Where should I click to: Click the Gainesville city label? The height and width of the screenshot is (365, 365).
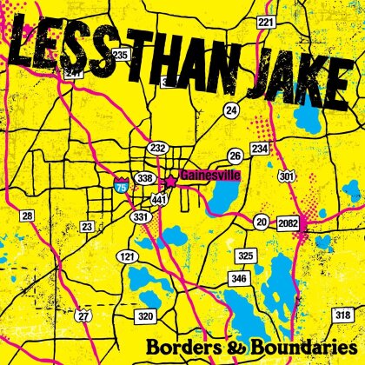coord(209,173)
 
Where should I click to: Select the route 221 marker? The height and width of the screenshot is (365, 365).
coord(265,21)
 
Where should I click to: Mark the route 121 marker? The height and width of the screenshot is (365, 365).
coord(128,258)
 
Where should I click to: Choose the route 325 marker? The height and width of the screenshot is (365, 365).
coord(248,255)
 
